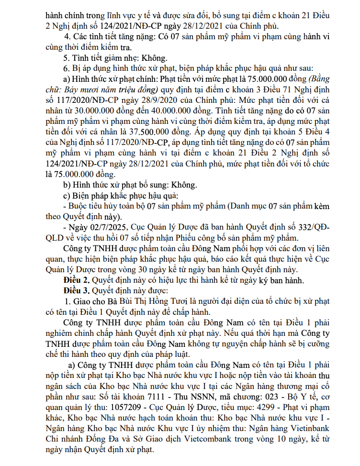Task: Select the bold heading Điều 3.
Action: click(x=77, y=290)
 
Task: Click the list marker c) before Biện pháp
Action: click(x=67, y=196)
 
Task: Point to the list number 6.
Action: click(x=67, y=67)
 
